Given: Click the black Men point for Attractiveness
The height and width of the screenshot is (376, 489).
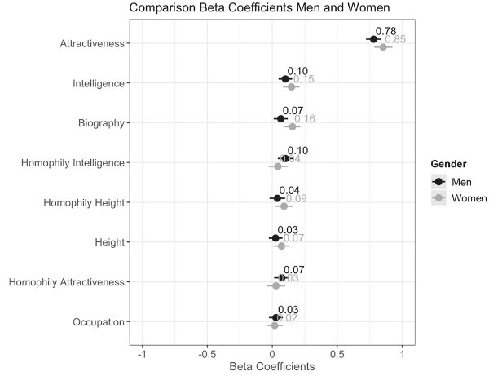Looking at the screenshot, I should coord(373,39).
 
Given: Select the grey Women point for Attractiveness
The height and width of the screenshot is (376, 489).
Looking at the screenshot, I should coord(383,47).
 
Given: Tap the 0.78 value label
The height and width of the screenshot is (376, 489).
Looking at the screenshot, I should coord(386,31).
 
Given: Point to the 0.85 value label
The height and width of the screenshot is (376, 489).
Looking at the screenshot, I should coord(395,40).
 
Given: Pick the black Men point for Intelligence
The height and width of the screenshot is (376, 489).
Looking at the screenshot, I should coord(285,79).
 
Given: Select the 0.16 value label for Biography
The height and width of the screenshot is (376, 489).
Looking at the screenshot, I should coord(305,119).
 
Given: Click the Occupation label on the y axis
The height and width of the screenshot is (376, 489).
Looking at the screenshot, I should coord(100,321).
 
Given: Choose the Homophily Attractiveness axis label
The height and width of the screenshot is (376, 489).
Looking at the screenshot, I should coord(67,282).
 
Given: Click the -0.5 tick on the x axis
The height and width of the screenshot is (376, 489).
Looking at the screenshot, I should coord(206,353).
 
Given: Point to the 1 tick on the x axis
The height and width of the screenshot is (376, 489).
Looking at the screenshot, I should coord(402,353).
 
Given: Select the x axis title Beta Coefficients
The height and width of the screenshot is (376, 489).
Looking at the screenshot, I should coord(272,367).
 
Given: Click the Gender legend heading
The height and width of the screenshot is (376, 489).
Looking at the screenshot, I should coord(457,164).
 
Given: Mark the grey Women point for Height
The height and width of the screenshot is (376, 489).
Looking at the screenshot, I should coord(281,246).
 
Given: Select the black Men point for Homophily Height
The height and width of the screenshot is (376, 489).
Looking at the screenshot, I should coord(277,198).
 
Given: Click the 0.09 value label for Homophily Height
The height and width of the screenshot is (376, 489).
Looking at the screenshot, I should coord(297,199).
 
